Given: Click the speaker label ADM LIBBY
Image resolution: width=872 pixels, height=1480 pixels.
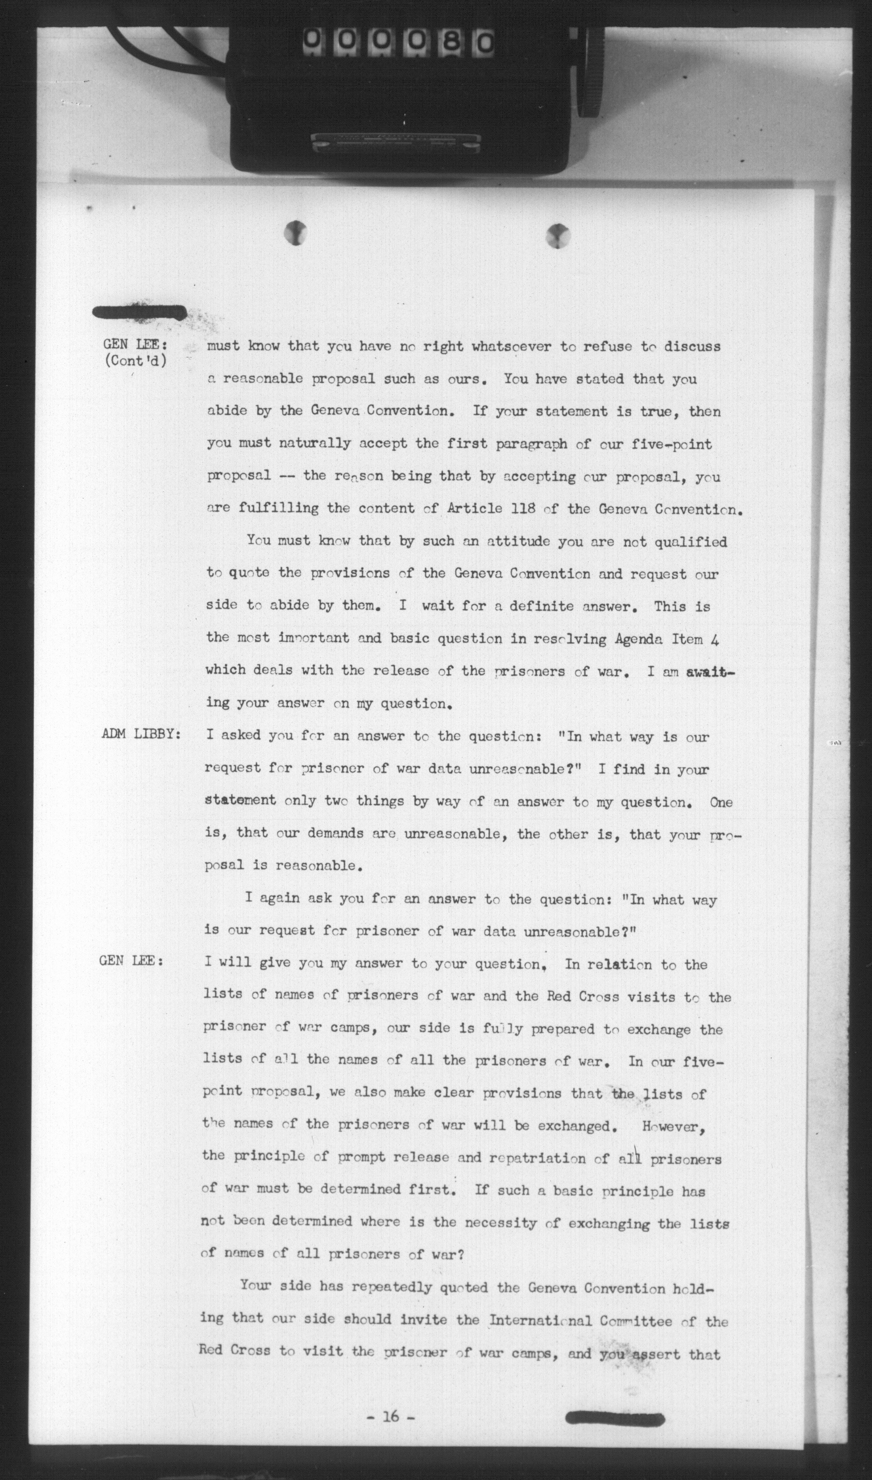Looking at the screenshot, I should [x=141, y=735].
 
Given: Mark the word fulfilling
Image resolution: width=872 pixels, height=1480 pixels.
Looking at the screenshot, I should [x=278, y=508].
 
